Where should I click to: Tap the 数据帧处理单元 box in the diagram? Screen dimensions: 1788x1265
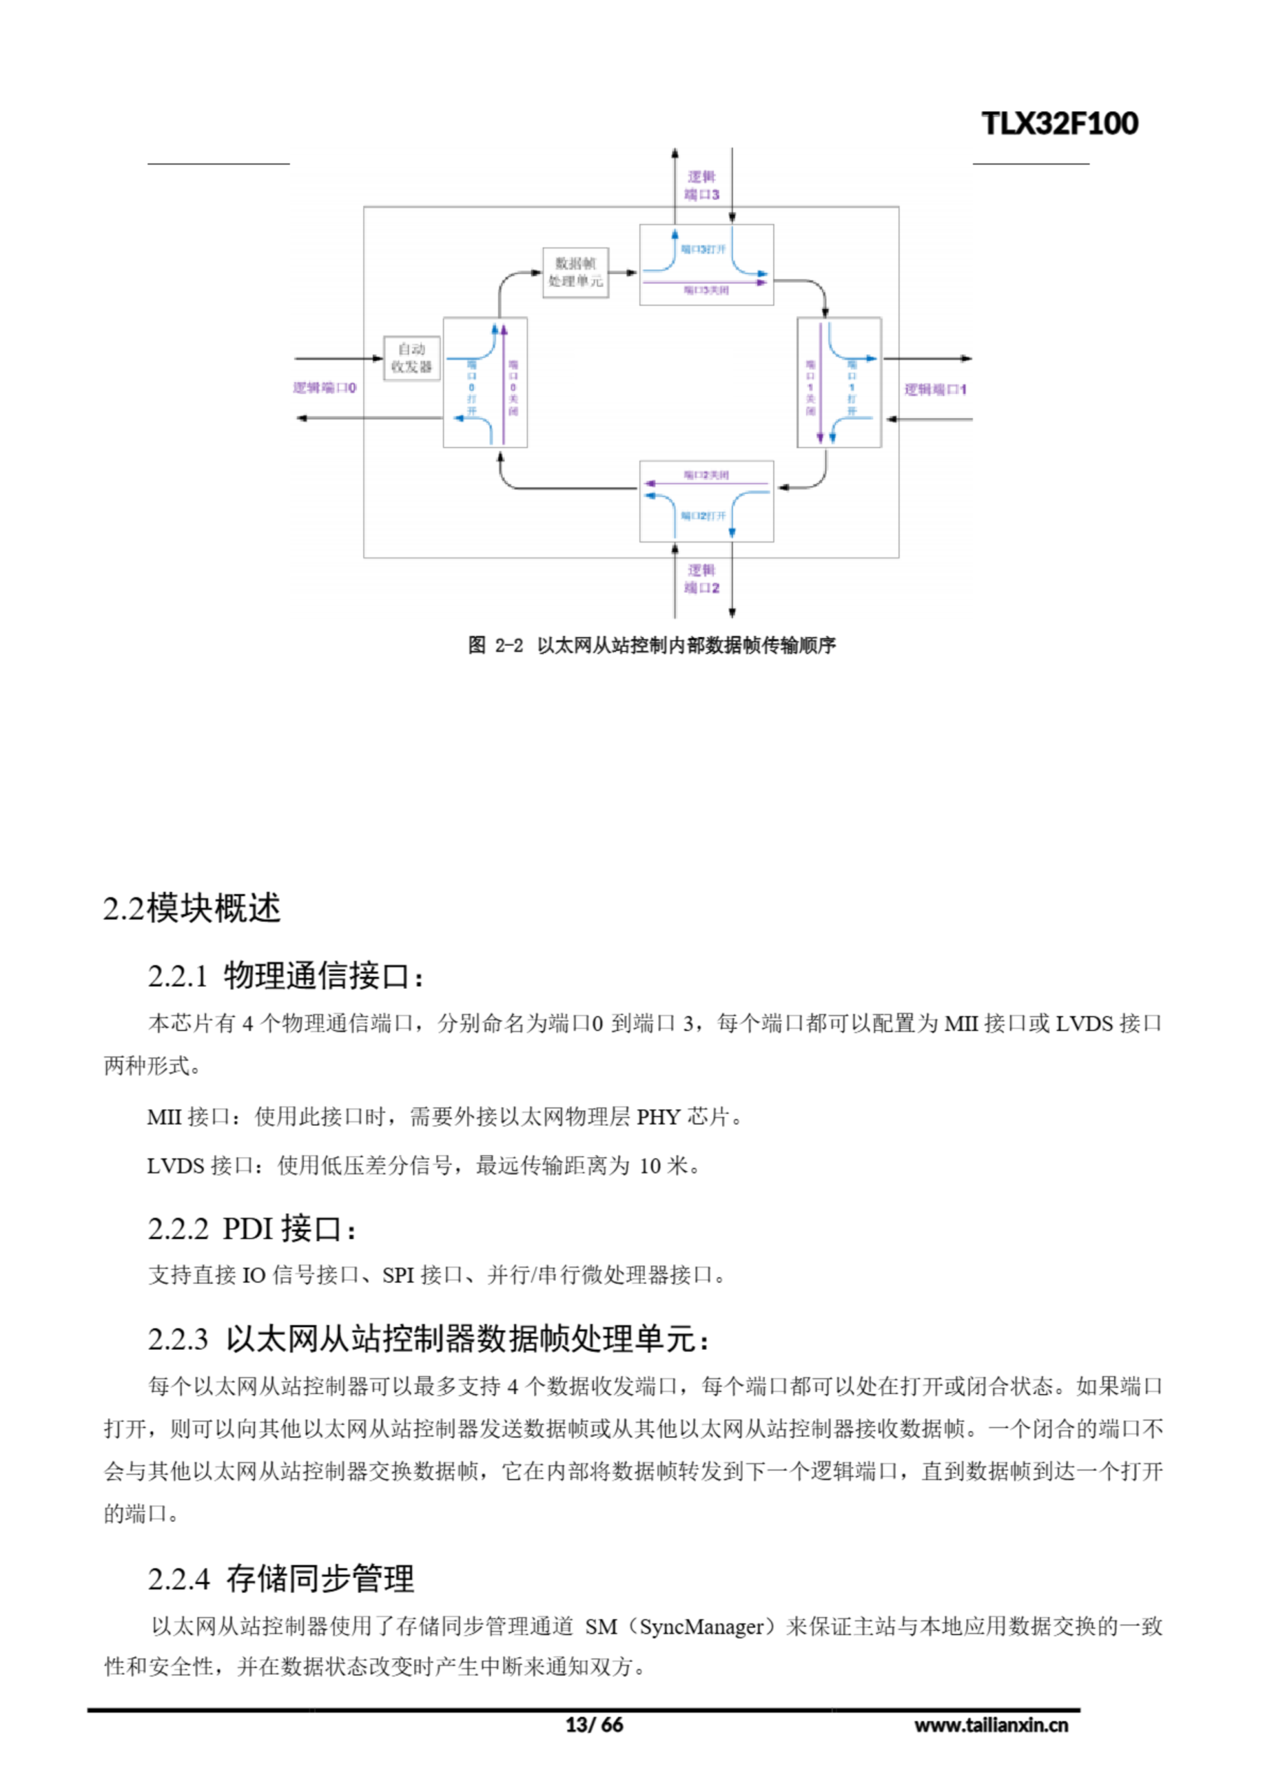[575, 272]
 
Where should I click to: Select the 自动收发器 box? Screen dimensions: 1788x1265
[411, 358]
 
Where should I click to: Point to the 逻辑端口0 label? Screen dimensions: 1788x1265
[324, 388]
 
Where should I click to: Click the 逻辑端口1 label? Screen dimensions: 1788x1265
[935, 389]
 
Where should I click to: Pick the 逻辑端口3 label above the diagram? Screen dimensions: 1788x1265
[702, 186]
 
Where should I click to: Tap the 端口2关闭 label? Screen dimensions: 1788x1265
[706, 475]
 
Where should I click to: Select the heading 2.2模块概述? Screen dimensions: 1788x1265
[191, 909]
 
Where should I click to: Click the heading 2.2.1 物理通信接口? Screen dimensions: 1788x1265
[285, 976]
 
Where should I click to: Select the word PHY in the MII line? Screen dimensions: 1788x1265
[658, 1117]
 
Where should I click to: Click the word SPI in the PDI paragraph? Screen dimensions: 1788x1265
[397, 1275]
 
